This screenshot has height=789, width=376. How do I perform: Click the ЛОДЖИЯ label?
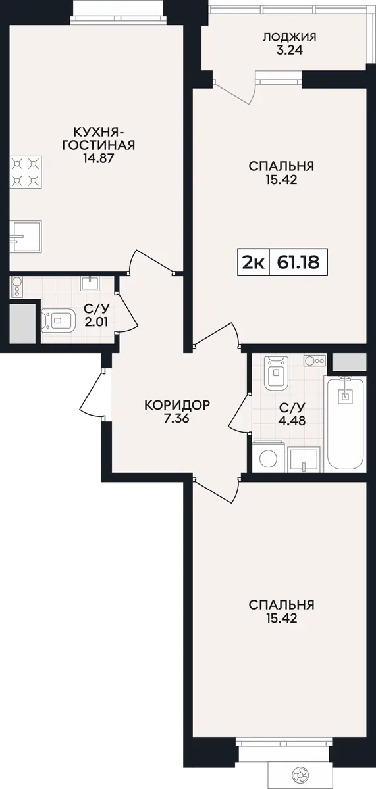289,37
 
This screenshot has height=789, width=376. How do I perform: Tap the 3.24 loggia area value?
289,50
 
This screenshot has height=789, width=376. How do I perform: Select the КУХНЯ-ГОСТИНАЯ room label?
98,139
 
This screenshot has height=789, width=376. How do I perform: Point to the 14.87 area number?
98,158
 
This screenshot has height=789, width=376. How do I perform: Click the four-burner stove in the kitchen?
26,172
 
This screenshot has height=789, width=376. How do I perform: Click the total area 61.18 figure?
298,262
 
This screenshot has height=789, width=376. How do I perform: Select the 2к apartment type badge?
254,262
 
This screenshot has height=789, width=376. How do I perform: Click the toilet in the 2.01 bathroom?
58,321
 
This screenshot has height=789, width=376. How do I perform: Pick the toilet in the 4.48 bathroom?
277,373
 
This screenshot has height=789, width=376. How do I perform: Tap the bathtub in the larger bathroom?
345,423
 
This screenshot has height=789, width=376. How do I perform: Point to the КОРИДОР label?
177,405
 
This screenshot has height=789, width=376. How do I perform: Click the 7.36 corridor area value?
177,419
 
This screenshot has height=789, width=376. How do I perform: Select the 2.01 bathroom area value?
97,322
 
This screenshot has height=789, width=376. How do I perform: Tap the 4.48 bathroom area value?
292,420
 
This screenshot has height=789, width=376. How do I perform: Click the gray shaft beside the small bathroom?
22,323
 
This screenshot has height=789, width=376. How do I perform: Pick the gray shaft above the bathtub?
350,362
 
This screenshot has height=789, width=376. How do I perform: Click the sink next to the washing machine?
304,460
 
